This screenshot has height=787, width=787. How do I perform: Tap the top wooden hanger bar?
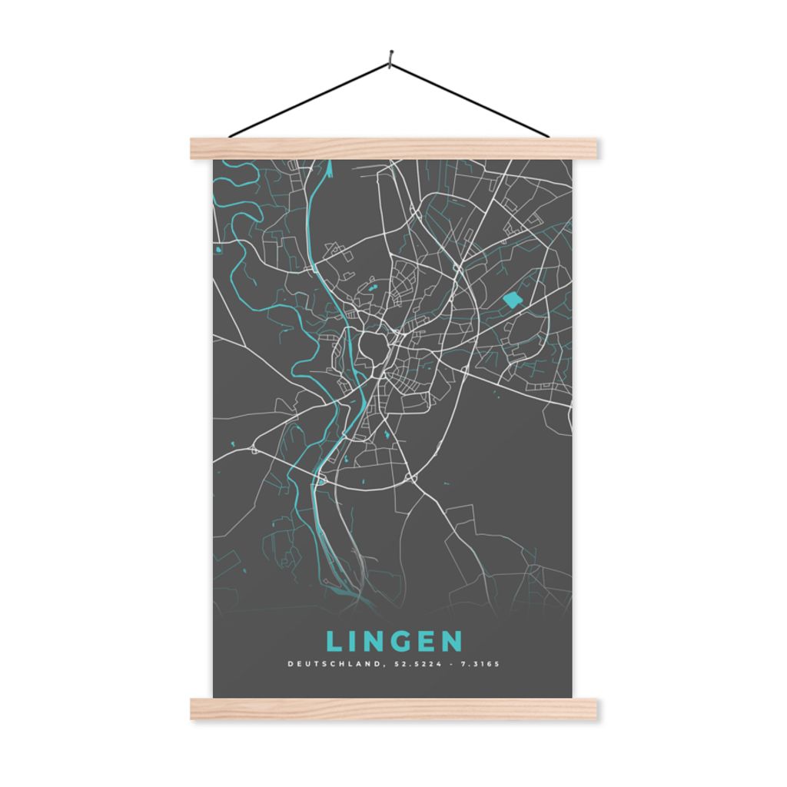(393, 148)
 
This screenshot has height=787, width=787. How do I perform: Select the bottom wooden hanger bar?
(393, 709)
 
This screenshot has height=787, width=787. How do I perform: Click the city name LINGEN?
(393, 641)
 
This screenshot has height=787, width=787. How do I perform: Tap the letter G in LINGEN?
(397, 641)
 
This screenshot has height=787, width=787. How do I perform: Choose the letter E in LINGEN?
(425, 641)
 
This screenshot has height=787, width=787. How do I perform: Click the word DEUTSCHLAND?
(331, 664)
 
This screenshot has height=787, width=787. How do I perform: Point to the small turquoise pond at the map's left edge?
(219, 250)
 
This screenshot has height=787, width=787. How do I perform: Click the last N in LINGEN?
(452, 641)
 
